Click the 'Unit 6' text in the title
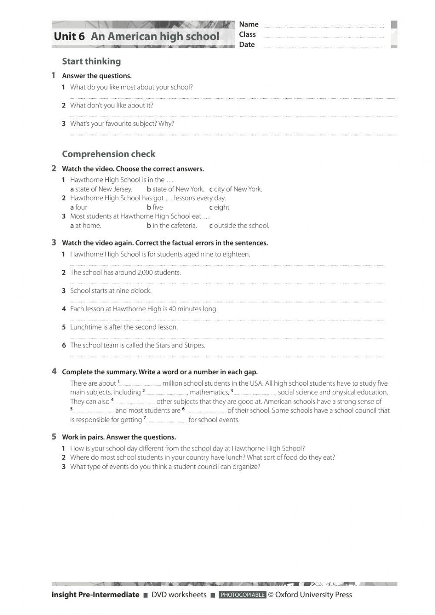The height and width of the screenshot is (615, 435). [69, 37]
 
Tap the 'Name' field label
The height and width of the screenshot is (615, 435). [249, 24]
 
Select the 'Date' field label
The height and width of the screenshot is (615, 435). [247, 44]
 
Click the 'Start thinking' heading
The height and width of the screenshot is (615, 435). [91, 61]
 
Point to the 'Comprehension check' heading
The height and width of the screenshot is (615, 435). [108, 154]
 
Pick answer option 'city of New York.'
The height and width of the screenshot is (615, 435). [238, 189]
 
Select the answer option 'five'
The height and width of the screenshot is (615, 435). [157, 207]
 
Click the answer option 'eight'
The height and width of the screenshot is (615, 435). [221, 207]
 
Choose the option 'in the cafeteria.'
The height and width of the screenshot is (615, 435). [174, 225]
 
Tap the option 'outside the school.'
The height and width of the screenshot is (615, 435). [241, 225]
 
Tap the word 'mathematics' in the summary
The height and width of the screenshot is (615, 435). [209, 392]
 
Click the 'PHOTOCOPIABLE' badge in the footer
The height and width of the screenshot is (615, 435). [242, 595]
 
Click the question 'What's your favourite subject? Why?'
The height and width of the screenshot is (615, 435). [122, 124]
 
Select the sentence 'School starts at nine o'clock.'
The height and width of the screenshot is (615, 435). [111, 291]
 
